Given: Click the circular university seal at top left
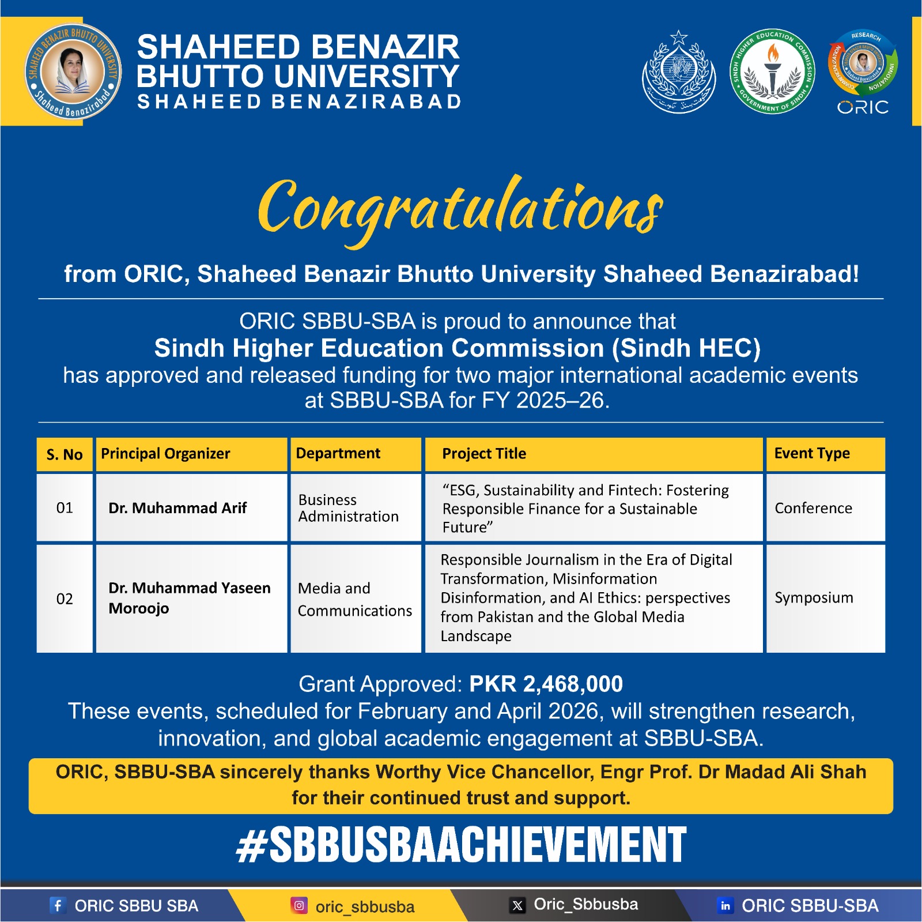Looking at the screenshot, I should [73, 71].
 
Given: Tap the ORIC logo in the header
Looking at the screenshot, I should [863, 71].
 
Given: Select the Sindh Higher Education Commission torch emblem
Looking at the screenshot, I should [772, 71].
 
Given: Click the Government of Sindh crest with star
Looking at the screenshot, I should [679, 71].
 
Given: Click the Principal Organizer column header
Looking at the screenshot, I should [165, 454].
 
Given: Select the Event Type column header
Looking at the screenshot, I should [812, 454].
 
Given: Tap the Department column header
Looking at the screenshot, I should [338, 454].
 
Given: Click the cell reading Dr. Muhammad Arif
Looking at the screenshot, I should [177, 508].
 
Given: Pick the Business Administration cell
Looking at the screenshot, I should [349, 508].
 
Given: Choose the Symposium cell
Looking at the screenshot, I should [814, 598].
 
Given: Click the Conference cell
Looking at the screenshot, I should [813, 508].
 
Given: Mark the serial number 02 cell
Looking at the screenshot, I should [65, 599].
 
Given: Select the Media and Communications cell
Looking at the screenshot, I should [355, 599].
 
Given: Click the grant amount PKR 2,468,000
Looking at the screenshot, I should [546, 684].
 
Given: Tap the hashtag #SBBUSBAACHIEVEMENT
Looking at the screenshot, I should [461, 845].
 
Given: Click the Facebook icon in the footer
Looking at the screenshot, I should [58, 905].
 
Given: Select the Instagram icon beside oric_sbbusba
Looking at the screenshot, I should [299, 905].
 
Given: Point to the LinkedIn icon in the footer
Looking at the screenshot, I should [725, 905].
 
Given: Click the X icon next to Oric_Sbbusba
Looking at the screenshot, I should [517, 905].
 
